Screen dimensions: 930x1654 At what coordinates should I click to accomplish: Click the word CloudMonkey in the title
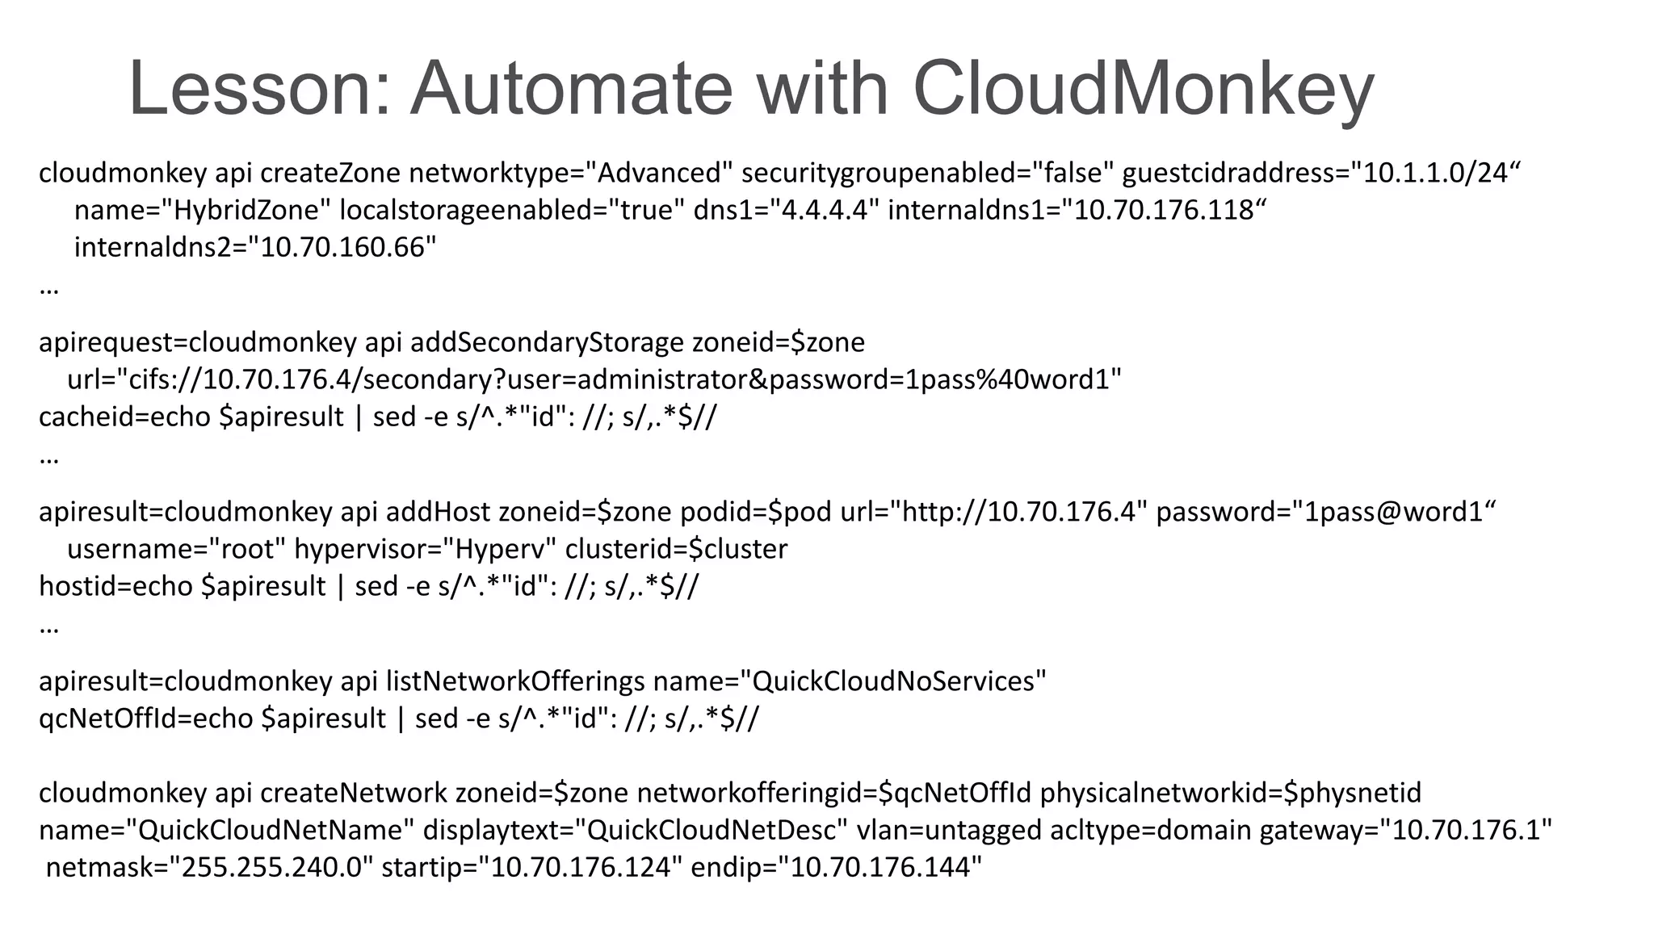pos(1143,89)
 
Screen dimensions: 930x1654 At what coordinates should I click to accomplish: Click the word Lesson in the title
pos(258,89)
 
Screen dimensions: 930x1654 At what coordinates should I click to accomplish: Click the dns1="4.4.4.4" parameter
pos(786,210)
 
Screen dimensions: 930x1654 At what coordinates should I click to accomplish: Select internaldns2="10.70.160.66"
pos(255,247)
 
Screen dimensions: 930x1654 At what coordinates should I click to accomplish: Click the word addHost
pos(437,512)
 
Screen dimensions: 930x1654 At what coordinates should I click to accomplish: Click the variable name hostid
pos(69,586)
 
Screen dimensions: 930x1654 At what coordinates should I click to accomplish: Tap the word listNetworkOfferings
pos(515,681)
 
